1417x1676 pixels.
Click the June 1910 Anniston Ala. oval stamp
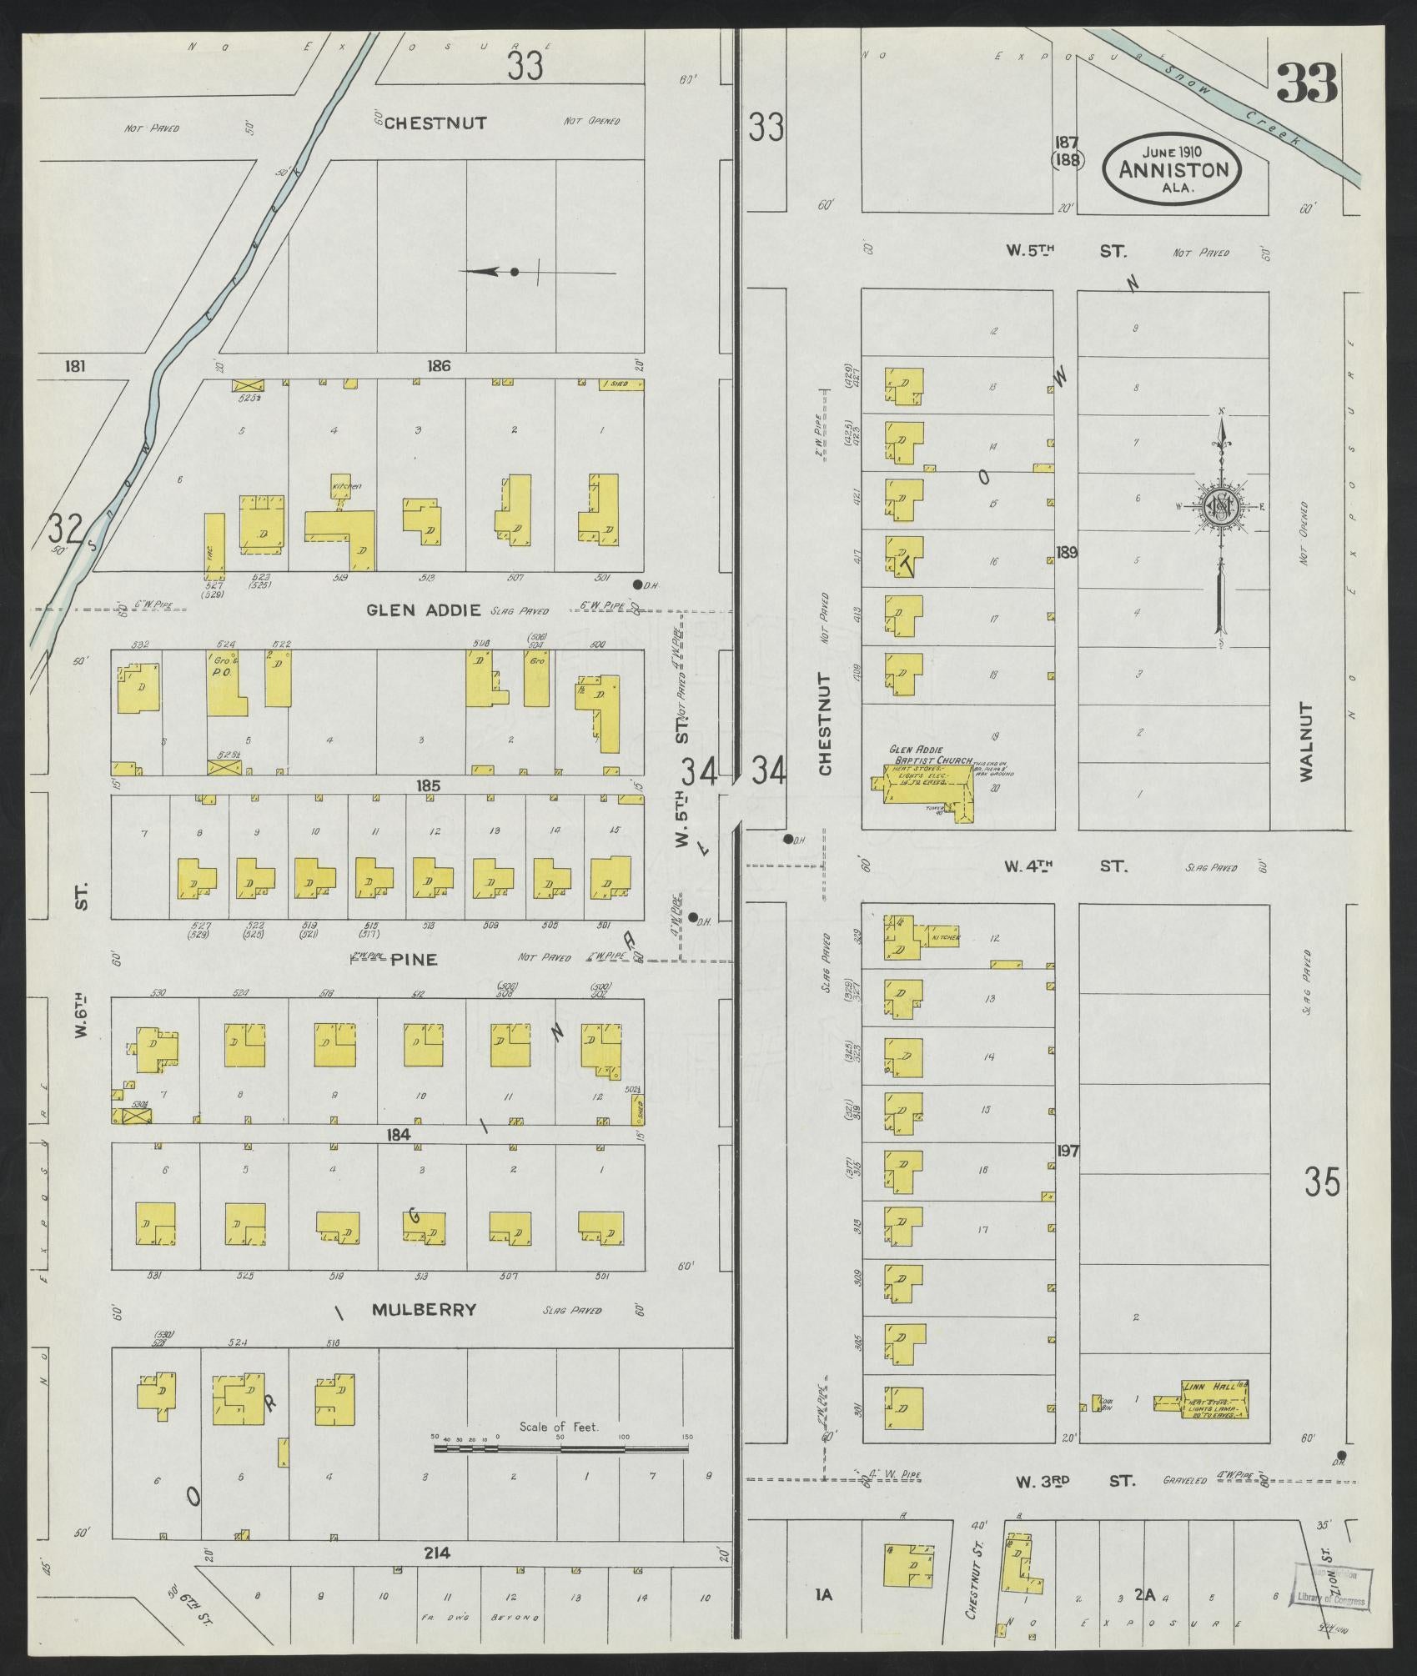[x=1173, y=169]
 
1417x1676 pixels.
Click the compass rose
[x=1220, y=508]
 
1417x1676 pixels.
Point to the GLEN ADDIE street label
[x=424, y=610]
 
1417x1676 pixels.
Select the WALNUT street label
[x=1306, y=742]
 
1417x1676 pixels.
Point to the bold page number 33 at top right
[x=1306, y=83]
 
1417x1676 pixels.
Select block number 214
[x=436, y=1553]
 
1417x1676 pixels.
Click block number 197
[x=1067, y=1151]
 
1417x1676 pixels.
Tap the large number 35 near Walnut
[x=1323, y=1182]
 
